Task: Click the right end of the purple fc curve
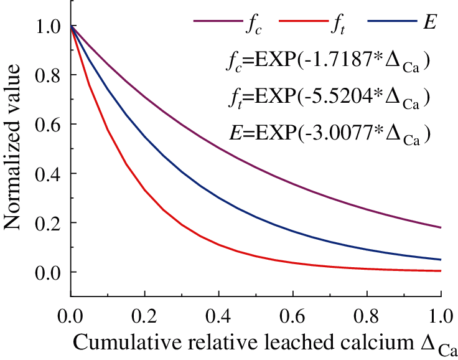click(x=441, y=227)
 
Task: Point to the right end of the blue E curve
click(x=441, y=260)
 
